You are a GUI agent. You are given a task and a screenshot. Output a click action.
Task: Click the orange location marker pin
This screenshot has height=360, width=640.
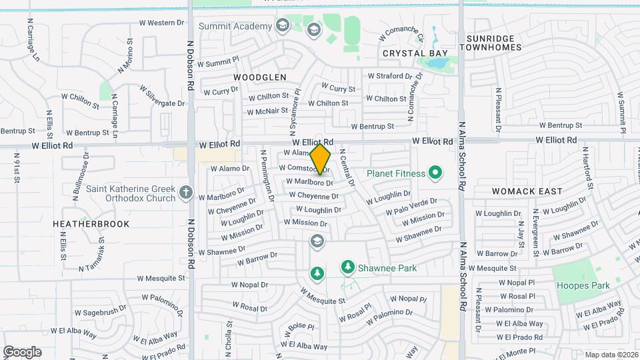(x=321, y=159)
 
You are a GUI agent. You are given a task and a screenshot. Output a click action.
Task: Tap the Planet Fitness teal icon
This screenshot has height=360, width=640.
(x=435, y=174)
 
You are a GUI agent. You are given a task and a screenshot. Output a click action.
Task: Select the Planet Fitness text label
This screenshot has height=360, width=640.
(x=396, y=174)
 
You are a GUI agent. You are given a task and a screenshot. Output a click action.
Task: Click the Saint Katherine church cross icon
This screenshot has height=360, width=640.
(x=186, y=193)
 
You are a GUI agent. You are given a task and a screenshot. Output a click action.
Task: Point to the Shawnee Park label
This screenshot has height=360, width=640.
(x=387, y=268)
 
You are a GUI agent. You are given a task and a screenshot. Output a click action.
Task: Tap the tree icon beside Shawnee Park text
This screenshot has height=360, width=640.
(x=347, y=267)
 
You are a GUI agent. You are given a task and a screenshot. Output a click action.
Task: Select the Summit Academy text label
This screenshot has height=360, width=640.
(x=235, y=26)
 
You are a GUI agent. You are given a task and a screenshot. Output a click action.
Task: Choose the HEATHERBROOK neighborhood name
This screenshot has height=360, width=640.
(x=91, y=224)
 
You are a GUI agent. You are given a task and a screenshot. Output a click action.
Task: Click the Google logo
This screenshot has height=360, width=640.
(x=22, y=351)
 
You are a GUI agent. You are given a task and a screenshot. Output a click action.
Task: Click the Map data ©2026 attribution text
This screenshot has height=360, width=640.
(x=611, y=355)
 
